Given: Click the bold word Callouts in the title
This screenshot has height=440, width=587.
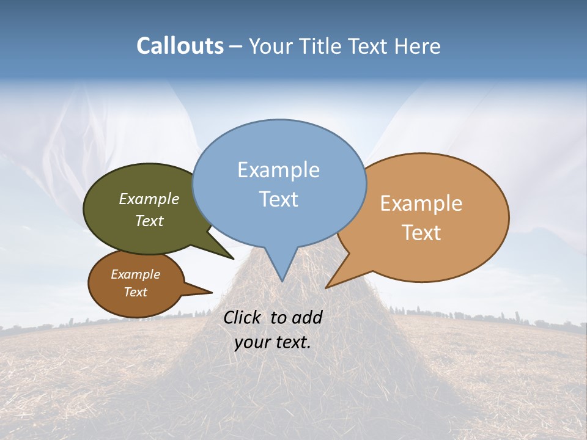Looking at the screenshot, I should (x=180, y=46).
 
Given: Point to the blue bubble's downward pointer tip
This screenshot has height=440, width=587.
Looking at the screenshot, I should (x=282, y=280).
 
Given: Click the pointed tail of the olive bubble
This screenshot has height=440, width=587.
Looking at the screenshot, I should (x=232, y=257).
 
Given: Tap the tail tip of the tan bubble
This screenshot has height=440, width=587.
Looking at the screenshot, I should (x=328, y=286).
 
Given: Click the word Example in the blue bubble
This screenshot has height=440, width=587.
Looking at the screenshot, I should (x=278, y=169).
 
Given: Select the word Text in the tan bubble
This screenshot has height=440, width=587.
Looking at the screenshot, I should (x=421, y=233).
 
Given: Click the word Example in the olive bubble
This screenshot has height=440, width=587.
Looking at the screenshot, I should (x=149, y=199).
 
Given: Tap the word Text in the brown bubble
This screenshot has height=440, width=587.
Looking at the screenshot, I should (x=136, y=292).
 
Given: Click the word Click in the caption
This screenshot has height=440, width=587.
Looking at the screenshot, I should (x=242, y=317).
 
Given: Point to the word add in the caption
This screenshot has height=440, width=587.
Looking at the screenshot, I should (x=306, y=317).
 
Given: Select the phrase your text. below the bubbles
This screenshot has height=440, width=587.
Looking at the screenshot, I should (x=273, y=342).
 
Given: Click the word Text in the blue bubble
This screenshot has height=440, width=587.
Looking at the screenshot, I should (x=279, y=199).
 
